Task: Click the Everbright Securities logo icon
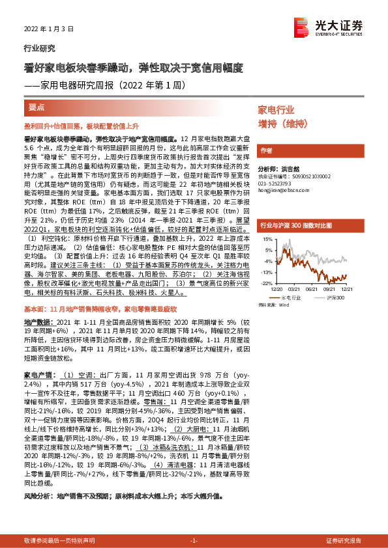pos(301,25)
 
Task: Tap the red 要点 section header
pos(37,106)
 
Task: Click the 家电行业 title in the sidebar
pos(276,109)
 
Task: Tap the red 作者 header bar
pos(266,151)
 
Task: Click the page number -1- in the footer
pos(194,541)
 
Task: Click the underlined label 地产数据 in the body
pos(38,322)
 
